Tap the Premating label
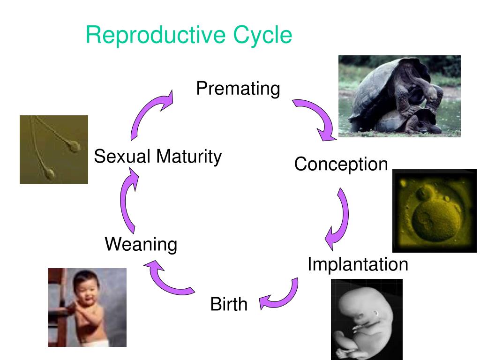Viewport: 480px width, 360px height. pos(238,89)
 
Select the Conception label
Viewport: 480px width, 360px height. pos(341,165)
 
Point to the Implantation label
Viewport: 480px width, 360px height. pos(358,265)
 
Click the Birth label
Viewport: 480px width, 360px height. pos(228,304)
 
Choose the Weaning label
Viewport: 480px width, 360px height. pos(141,244)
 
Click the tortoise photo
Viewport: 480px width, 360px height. pos(399,96)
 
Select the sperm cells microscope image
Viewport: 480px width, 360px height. pos(53,150)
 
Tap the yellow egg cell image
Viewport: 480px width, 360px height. pos(434,210)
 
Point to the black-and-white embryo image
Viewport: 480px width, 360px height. pos(367,319)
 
